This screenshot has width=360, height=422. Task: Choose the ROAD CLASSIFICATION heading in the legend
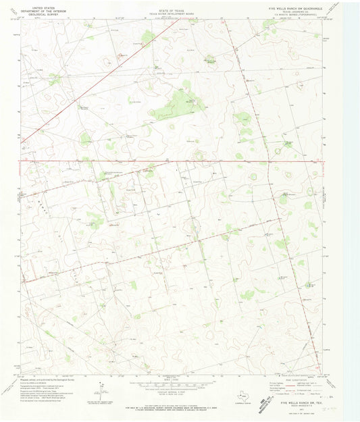(289, 377)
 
